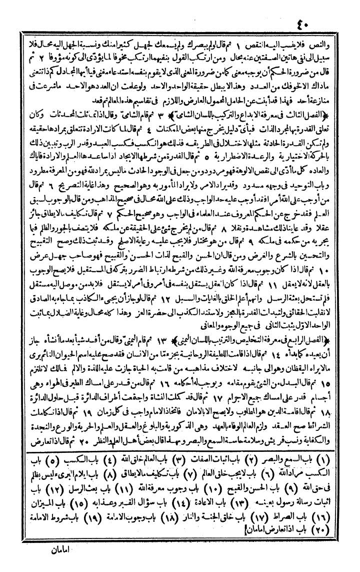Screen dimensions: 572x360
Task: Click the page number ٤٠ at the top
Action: tap(180, 10)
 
